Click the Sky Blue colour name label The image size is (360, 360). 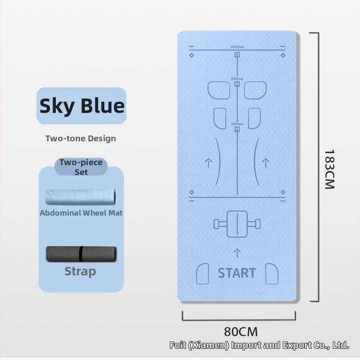[81, 106]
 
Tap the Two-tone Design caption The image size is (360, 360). [81, 138]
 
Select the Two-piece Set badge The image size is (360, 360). [81, 166]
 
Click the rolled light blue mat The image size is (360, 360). [81, 197]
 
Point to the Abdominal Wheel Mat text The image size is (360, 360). [81, 213]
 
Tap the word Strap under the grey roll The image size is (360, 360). [80, 271]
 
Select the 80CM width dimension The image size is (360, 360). [241, 332]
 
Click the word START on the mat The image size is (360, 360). [237, 273]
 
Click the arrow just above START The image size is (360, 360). [237, 252]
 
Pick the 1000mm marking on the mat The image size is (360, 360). [237, 47]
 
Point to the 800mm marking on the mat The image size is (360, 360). [237, 79]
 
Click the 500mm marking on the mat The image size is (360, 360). [237, 124]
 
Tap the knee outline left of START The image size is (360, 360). [203, 274]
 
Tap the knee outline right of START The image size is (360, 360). [271, 274]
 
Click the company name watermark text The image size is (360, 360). [259, 346]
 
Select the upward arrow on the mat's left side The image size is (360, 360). [208, 163]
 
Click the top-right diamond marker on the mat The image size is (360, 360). [283, 55]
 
